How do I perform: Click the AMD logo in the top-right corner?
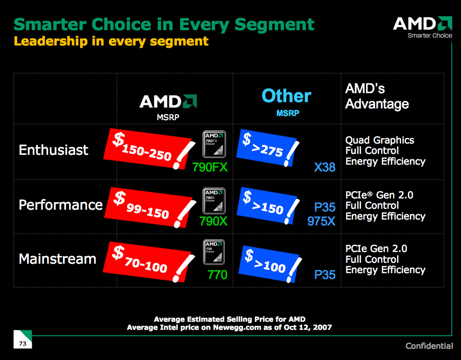tap(422, 27)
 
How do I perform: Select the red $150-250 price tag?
tap(149, 148)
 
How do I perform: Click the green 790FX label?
tap(210, 168)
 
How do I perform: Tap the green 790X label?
tap(213, 221)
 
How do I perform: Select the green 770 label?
tap(217, 274)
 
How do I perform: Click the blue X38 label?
tap(325, 167)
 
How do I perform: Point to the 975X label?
tap(321, 221)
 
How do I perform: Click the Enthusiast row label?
tap(54, 150)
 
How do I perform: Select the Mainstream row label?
tap(58, 259)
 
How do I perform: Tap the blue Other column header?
tap(286, 96)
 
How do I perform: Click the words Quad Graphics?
tap(380, 140)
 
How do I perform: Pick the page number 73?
tap(23, 344)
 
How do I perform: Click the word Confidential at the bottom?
tap(429, 346)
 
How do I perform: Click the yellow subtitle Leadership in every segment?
tap(111, 41)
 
